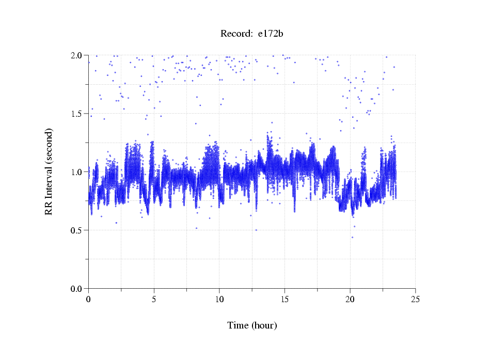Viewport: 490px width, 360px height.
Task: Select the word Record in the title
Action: [x=235, y=34]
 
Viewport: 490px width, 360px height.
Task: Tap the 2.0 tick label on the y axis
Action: [x=77, y=55]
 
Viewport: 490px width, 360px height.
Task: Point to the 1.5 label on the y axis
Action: [x=77, y=114]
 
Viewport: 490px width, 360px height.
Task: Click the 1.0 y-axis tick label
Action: [x=77, y=172]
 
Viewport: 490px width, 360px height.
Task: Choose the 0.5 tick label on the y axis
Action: [x=77, y=230]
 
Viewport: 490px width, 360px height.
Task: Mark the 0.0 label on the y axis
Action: [x=77, y=289]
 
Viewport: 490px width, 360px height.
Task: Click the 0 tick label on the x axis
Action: [x=88, y=299]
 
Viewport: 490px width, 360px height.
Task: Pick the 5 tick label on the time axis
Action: [x=154, y=299]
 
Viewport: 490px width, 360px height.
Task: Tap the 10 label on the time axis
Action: [x=219, y=299]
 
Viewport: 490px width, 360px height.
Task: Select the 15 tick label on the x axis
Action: [x=284, y=299]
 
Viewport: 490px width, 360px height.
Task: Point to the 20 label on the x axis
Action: [x=350, y=299]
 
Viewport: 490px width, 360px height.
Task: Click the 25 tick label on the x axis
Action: [x=415, y=299]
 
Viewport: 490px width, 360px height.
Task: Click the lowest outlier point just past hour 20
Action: [x=352, y=238]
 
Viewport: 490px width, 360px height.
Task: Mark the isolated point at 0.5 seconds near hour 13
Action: [x=256, y=230]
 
